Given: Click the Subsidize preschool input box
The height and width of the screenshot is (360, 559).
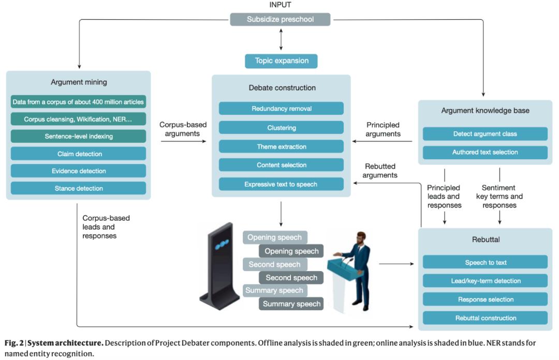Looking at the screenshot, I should (280, 20).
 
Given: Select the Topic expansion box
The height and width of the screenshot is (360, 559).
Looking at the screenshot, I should (281, 61).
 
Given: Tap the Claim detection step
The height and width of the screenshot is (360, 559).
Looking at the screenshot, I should (79, 154).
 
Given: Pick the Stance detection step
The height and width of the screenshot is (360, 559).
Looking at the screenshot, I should (79, 188).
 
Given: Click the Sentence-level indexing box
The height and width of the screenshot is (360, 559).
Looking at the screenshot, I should (79, 137).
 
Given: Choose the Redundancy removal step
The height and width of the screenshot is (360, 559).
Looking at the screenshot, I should (281, 109).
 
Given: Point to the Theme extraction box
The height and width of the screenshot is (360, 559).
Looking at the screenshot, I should (281, 146).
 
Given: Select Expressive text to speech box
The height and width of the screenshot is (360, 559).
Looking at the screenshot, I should (281, 184).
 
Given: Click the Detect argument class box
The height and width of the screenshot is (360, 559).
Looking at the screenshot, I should (484, 134).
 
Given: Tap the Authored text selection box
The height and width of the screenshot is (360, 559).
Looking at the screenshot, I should (484, 153).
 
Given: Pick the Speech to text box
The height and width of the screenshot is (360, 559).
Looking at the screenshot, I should (485, 262).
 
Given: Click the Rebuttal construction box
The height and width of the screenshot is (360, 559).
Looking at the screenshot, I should (485, 318).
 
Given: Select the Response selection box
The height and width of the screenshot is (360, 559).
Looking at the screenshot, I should (485, 299).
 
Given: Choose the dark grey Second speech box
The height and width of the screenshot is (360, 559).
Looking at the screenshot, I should (291, 278).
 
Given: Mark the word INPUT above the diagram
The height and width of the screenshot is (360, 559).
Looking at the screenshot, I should (280, 5).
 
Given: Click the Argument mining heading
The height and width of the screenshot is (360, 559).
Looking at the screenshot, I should (78, 82).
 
